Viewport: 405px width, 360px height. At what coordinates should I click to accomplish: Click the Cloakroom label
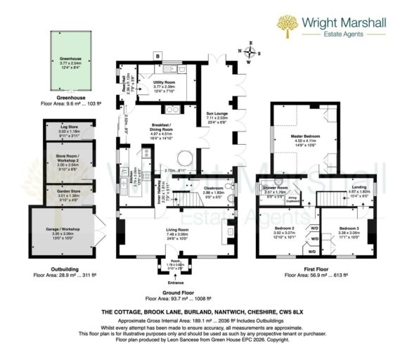point(212,189)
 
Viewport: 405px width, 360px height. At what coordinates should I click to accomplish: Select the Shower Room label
point(276,188)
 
